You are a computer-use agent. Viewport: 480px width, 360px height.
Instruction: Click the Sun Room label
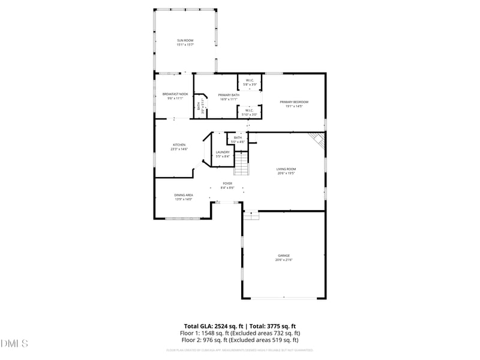185,40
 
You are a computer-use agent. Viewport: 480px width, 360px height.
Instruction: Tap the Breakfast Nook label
175,94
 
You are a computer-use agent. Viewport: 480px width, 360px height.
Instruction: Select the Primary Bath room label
229,95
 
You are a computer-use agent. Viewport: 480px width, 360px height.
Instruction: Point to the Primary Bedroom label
294,102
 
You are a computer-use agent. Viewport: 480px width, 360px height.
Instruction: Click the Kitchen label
179,145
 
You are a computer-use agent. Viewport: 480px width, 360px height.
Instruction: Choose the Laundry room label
223,152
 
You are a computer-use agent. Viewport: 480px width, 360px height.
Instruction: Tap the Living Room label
286,169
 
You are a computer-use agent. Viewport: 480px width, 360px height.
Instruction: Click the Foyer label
227,184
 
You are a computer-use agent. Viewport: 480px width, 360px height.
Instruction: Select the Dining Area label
184,195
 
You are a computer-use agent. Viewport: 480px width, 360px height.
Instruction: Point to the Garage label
283,256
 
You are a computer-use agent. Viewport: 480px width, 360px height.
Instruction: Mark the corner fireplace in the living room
317,141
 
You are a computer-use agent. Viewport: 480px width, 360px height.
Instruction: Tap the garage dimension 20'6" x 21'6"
283,260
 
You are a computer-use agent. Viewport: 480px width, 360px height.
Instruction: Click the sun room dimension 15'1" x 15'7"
185,45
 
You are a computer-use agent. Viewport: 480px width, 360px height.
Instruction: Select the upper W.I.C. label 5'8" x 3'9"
250,82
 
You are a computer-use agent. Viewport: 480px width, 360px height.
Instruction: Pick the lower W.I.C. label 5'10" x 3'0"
250,112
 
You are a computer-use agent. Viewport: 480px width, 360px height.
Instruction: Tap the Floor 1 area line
240,332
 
